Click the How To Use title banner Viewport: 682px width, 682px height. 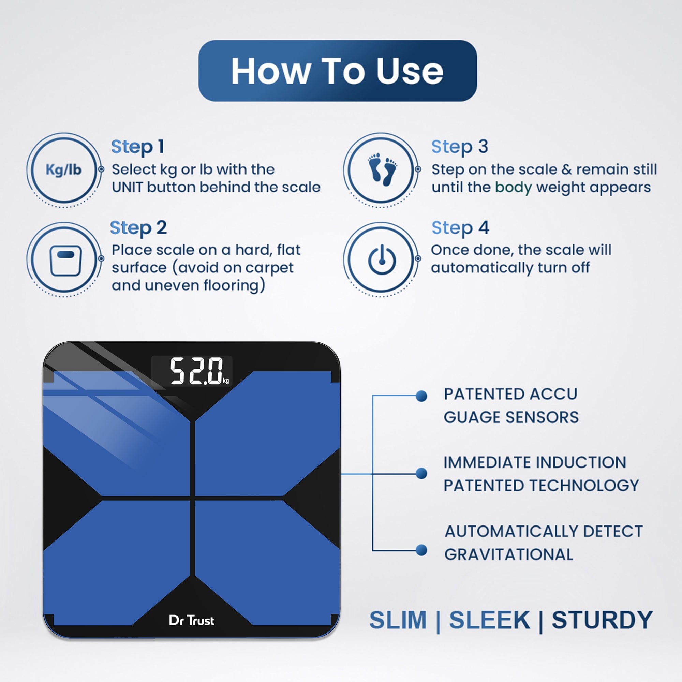(x=338, y=71)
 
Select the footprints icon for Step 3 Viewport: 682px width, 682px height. (x=382, y=170)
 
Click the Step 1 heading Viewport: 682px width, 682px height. (x=137, y=147)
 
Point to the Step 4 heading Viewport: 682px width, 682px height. (x=460, y=228)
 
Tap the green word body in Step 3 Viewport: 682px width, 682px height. (x=513, y=188)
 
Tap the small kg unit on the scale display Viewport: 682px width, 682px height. (x=226, y=381)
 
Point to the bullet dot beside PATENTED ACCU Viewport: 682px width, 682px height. (x=421, y=396)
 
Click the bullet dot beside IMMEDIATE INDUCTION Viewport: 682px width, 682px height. (x=421, y=473)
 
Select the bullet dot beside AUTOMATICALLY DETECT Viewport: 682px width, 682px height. (x=421, y=550)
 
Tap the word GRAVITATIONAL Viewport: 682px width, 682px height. (x=509, y=554)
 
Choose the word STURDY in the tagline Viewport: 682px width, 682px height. (x=602, y=620)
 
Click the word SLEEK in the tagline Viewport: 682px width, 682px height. (x=490, y=620)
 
